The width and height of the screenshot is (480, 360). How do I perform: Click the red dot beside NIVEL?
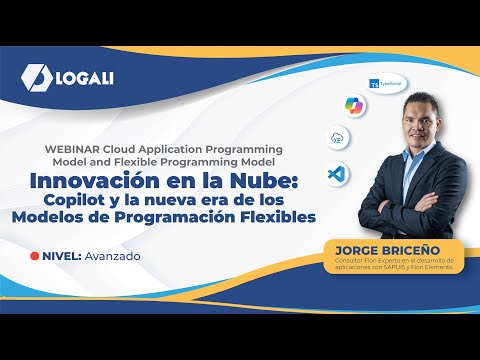point(35,256)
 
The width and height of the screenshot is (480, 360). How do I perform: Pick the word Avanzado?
point(113,256)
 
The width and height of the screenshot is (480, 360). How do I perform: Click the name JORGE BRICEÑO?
point(387,246)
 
